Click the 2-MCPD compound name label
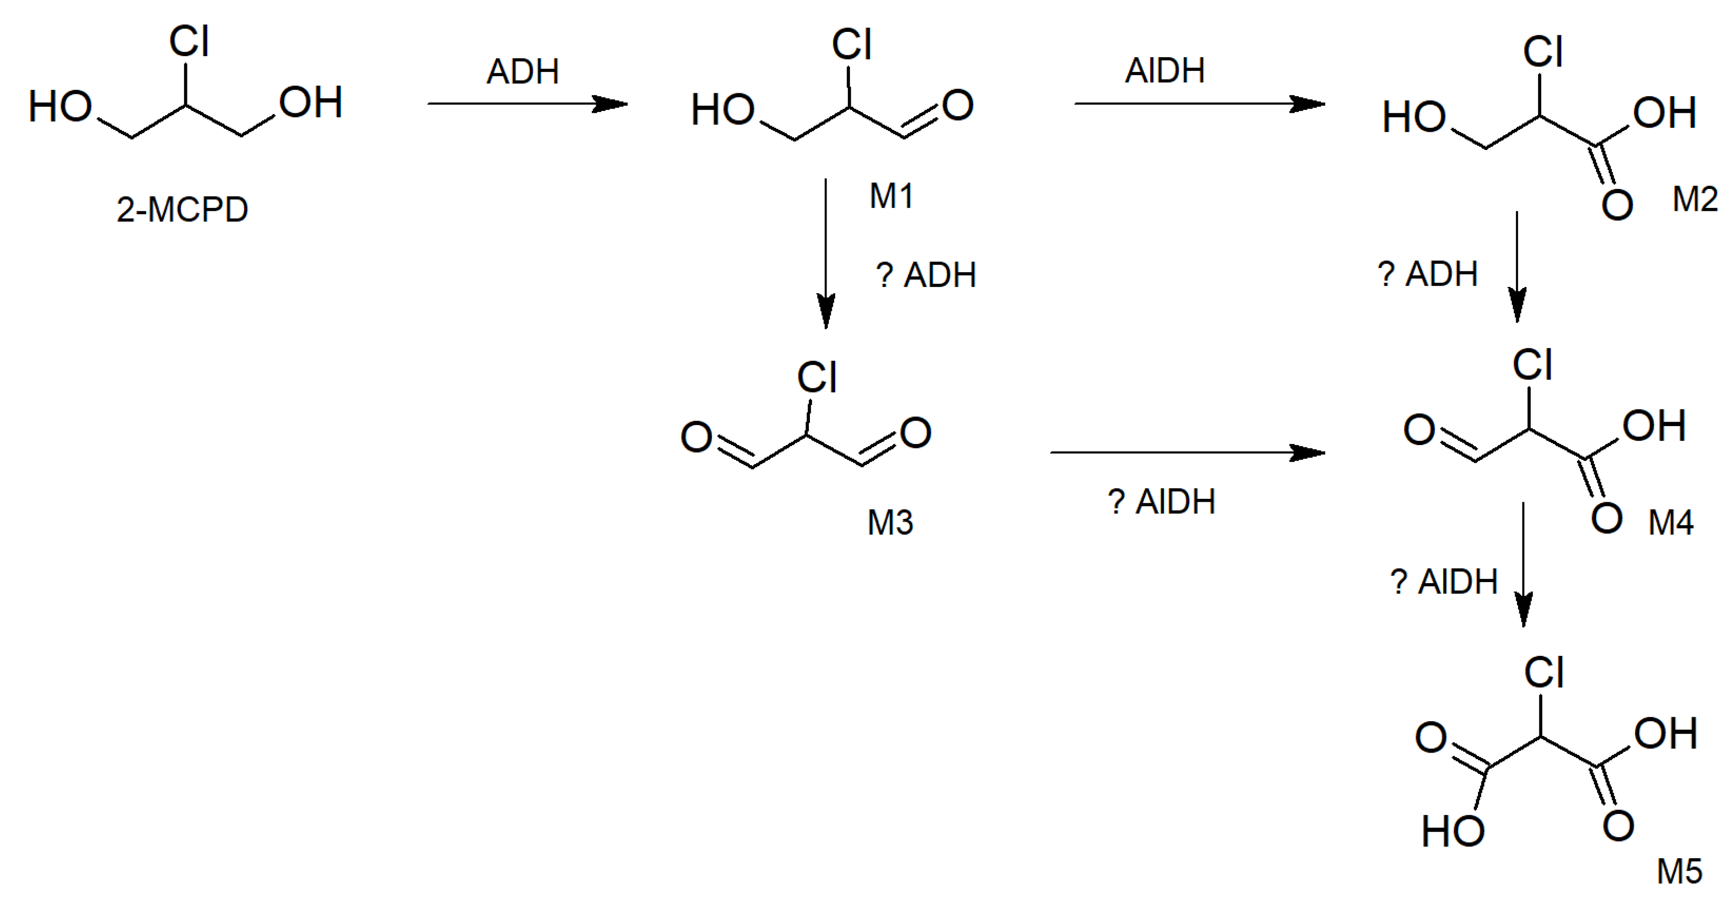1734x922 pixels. point(182,210)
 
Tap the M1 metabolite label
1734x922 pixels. point(891,197)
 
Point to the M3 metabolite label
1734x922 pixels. point(890,523)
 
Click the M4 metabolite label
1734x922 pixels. point(1671,523)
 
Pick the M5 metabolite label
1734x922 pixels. point(1679,872)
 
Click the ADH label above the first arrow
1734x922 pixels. point(522,71)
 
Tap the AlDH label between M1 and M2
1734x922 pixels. point(1164,71)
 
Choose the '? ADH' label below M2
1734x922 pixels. point(1427,274)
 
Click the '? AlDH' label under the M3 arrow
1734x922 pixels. point(1161,502)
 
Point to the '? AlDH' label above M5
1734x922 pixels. point(1443,582)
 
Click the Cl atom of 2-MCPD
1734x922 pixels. point(189,42)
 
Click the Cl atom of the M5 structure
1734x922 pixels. point(1544,673)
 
